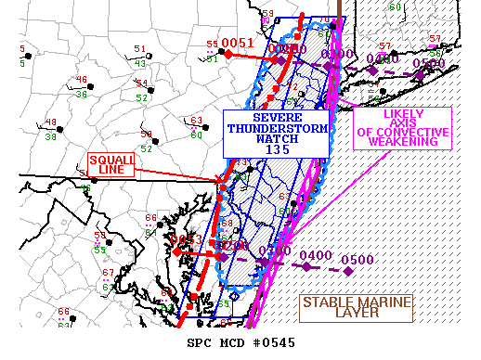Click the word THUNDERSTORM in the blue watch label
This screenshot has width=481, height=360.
[x=277, y=129]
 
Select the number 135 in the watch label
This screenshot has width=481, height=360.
[x=277, y=149]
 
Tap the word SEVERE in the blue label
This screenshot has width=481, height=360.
[x=277, y=118]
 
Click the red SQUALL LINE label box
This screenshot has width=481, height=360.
[x=111, y=165]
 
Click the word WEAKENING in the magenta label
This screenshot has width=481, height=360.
[x=404, y=144]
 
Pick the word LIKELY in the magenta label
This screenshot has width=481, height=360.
[x=404, y=114]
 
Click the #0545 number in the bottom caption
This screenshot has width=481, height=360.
[x=276, y=343]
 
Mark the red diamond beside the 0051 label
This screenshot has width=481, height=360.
[x=227, y=54]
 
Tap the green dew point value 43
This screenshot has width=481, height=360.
[x=139, y=63]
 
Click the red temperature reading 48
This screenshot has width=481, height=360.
[x=50, y=122]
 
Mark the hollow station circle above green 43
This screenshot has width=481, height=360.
[x=139, y=56]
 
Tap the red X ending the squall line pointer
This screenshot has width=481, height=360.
[x=219, y=180]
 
